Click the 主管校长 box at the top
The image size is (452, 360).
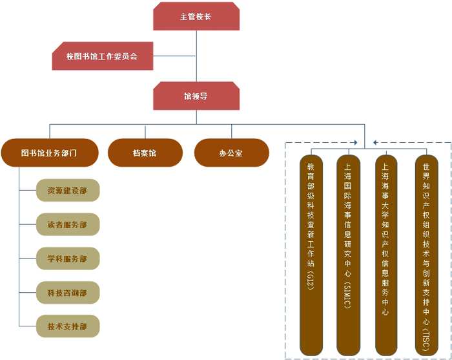click(x=196, y=16)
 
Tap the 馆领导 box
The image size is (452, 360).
click(x=196, y=96)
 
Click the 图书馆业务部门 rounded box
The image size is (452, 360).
click(x=50, y=153)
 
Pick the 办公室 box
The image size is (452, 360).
click(x=231, y=153)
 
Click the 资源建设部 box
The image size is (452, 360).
click(x=68, y=191)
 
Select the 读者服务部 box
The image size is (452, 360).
click(x=68, y=224)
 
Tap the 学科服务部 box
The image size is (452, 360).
click(x=68, y=259)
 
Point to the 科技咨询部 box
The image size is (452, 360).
click(x=68, y=292)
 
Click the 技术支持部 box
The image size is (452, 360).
click(x=68, y=326)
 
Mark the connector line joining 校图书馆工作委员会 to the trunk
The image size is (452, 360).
click(x=174, y=56)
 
